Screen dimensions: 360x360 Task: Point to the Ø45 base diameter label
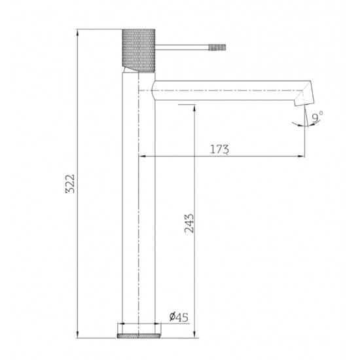coord(177,317)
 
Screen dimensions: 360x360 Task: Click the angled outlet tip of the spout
coord(302,98)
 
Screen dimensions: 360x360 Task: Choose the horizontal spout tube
coord(223,92)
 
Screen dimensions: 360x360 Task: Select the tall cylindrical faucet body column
coord(139,209)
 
